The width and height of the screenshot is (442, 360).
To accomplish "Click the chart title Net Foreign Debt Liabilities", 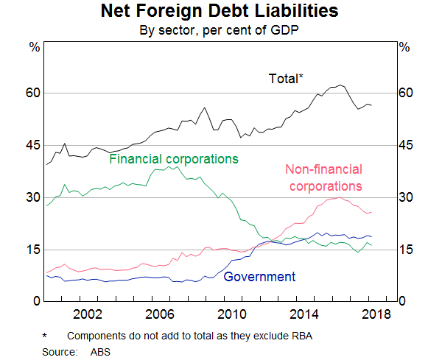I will tap(221, 13).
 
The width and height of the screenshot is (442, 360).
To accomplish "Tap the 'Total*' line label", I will tap(285, 77).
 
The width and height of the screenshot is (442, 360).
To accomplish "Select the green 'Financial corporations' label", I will tap(174, 158).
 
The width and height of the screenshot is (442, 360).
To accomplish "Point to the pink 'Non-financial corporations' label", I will tap(323, 178).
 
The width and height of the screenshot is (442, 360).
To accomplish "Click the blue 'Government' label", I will tap(259, 277).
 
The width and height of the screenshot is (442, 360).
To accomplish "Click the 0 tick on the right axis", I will tap(402, 302).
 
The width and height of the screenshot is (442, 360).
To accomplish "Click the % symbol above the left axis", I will tap(34, 46).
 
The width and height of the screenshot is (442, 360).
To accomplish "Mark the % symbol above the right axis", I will tap(404, 46).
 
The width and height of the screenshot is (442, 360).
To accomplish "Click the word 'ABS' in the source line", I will tap(100, 352).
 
